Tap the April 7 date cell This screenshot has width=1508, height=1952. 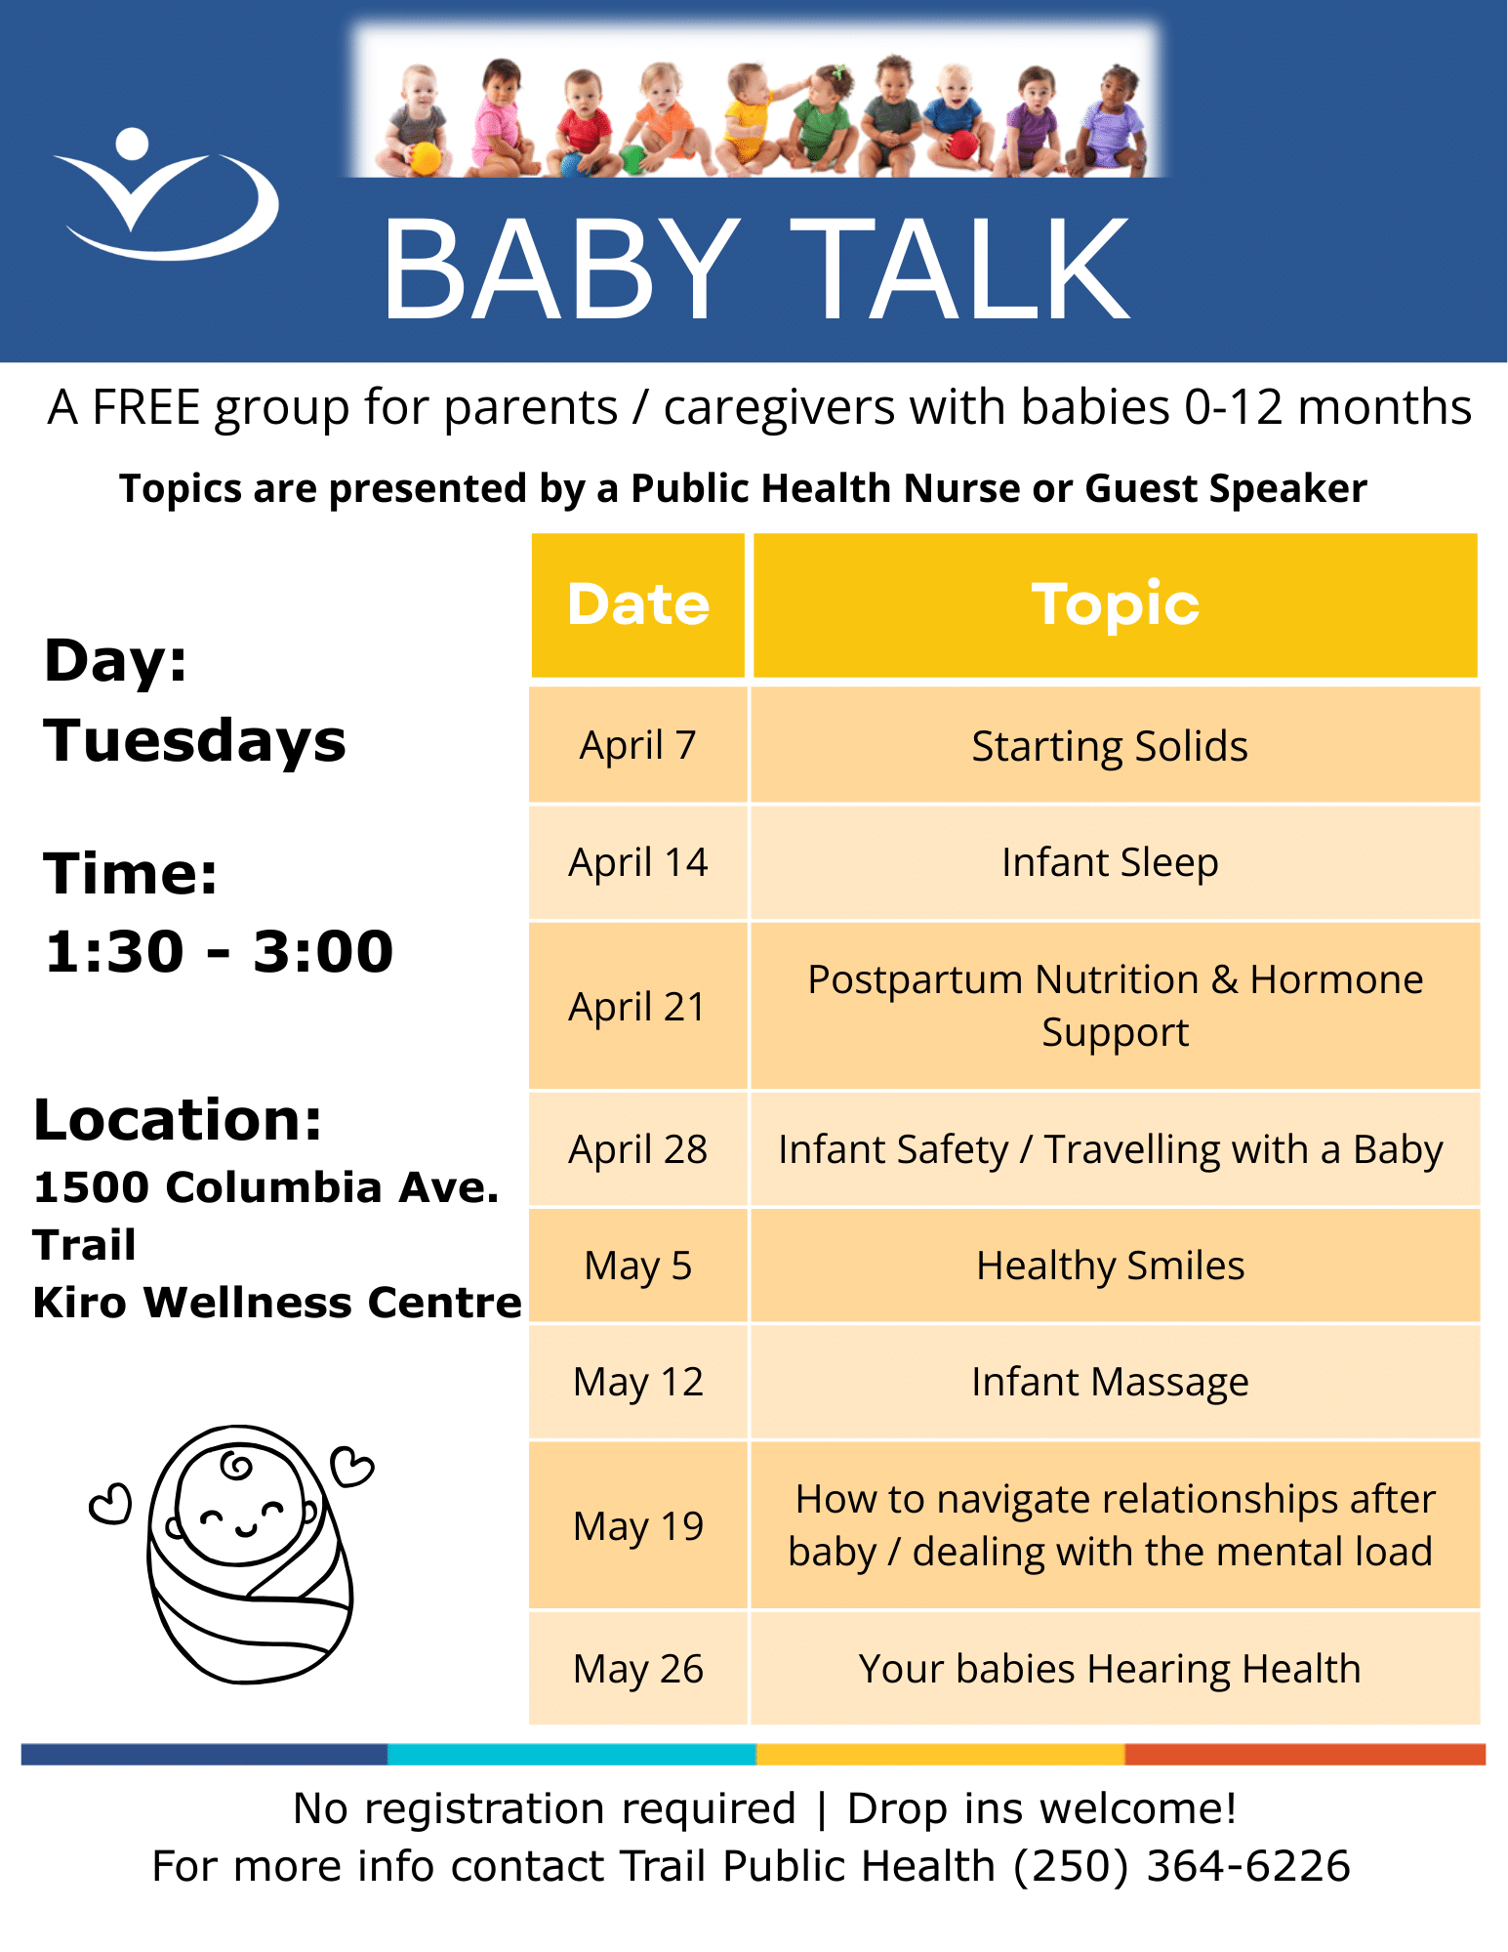click(x=638, y=745)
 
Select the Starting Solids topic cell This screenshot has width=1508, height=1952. click(x=1115, y=745)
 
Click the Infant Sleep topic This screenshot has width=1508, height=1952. click(x=1110, y=862)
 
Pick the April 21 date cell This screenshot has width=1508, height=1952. click(x=638, y=1006)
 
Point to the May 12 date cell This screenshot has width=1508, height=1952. click(x=638, y=1382)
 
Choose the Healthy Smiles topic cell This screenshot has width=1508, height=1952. click(x=1115, y=1266)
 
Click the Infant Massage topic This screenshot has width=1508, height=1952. click(x=1110, y=1382)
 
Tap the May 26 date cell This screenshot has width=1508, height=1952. click(x=638, y=1668)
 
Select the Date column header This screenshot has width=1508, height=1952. click(x=638, y=604)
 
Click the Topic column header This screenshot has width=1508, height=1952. click(x=1116, y=604)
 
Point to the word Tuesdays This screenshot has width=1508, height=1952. click(x=194, y=740)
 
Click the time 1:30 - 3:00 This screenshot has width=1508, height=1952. click(x=220, y=951)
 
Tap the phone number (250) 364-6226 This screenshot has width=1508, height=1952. click(x=1181, y=1866)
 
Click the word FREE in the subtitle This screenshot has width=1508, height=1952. click(x=146, y=407)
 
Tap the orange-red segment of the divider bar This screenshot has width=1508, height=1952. click(x=1305, y=1754)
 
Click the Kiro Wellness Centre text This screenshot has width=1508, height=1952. click(x=277, y=1302)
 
